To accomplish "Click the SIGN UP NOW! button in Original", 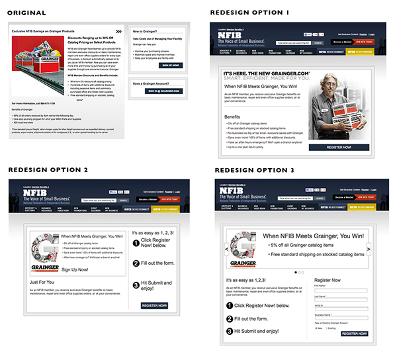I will coord(171,66).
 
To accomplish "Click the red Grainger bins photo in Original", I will coord(36,61).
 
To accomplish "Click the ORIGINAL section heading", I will coord(27,13).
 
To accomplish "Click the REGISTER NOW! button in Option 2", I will coord(155,305).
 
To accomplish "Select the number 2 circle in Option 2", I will coord(135,264).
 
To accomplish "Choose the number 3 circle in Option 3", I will coord(230,330).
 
